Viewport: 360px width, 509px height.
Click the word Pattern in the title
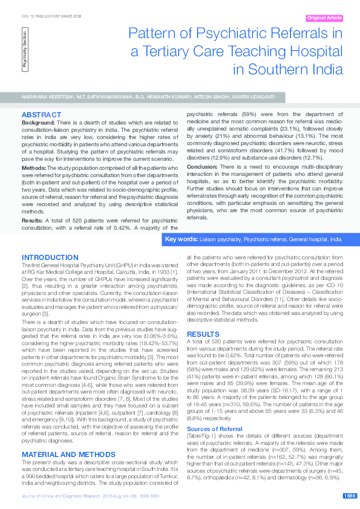[157, 34]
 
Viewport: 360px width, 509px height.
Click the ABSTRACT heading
[41, 114]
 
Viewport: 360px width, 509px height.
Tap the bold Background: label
[38, 122]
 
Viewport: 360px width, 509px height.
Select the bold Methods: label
[34, 167]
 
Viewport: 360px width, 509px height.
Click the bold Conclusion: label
[201, 167]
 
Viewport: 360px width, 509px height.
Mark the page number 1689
[349, 496]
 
